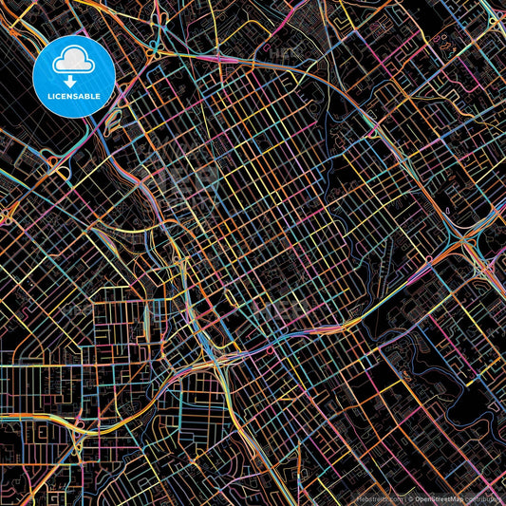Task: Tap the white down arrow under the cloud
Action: [x=73, y=80]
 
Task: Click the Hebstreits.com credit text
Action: [x=377, y=498]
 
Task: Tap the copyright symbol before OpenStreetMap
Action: [x=411, y=498]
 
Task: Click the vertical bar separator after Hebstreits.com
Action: [x=403, y=498]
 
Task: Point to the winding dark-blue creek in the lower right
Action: [x=446, y=380]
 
